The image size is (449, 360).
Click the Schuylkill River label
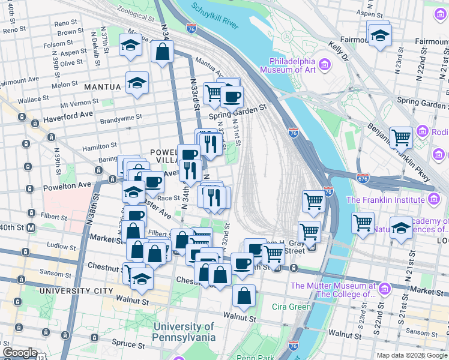(215, 17)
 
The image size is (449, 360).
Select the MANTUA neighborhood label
(103, 87)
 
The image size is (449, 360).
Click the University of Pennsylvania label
(184, 332)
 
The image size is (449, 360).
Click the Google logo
(20, 353)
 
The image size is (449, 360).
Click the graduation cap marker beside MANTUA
(137, 84)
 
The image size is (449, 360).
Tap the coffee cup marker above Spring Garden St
(231, 95)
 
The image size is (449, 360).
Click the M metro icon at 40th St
(31, 228)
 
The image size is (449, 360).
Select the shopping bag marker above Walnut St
(244, 295)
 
